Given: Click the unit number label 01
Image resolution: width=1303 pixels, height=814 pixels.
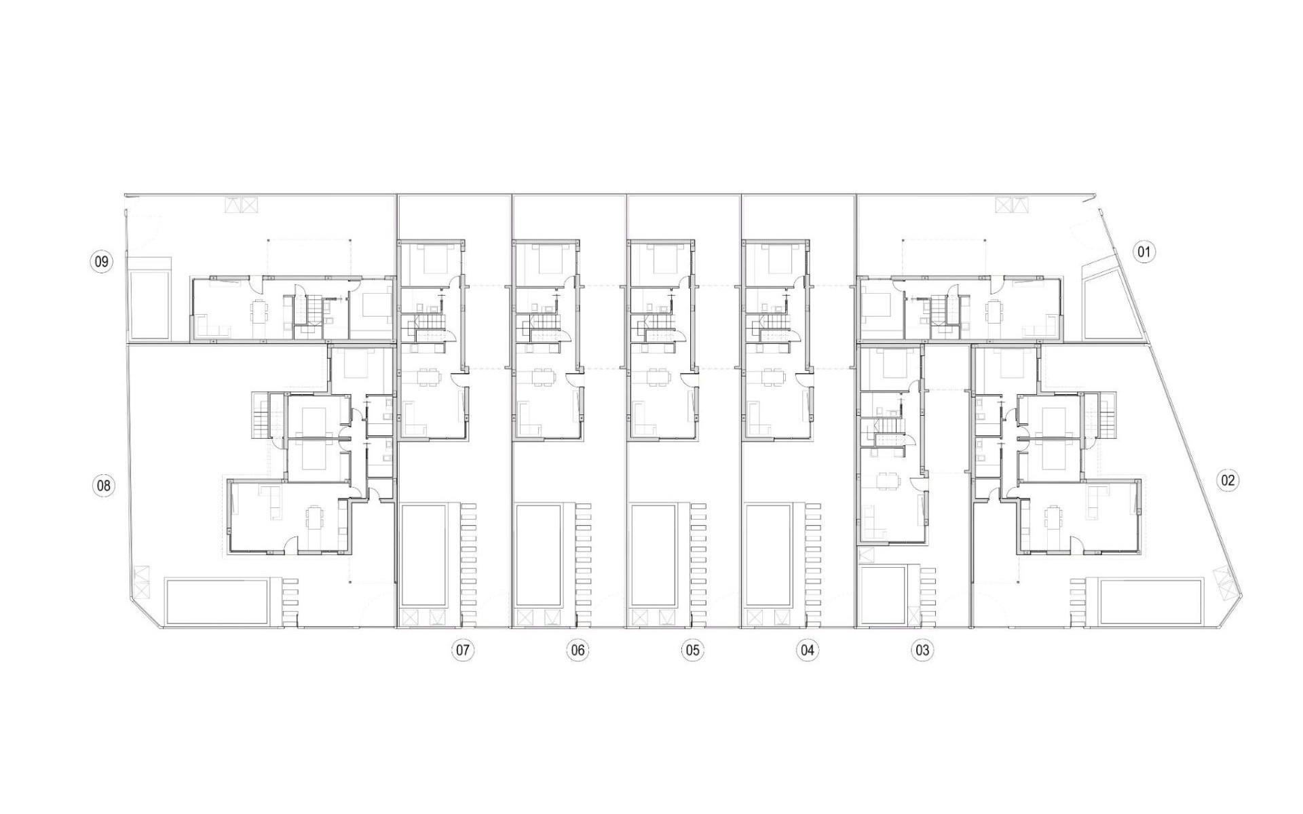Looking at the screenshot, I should coord(1144,252).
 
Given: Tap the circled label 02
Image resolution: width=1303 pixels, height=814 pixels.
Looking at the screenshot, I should coord(1228,481).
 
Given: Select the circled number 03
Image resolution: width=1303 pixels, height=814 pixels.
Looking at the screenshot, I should coord(922,651).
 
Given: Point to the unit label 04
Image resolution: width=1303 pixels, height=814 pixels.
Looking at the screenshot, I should coord(807,651).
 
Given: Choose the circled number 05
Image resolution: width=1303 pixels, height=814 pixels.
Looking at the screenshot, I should coord(692,651).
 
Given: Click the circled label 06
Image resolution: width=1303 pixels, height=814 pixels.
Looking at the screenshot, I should coord(578,651).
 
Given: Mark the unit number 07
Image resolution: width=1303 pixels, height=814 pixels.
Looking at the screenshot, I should coord(462,651).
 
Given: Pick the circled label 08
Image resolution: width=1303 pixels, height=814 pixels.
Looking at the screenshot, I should coord(103,486).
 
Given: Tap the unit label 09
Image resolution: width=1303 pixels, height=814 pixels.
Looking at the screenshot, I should coord(101,261).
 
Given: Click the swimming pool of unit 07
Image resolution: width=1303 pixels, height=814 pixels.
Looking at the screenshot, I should coord(424,555).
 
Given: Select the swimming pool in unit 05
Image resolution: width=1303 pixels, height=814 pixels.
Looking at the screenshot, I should coord(654,555).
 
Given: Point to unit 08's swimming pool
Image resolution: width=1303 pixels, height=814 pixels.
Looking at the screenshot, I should coord(216,601).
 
